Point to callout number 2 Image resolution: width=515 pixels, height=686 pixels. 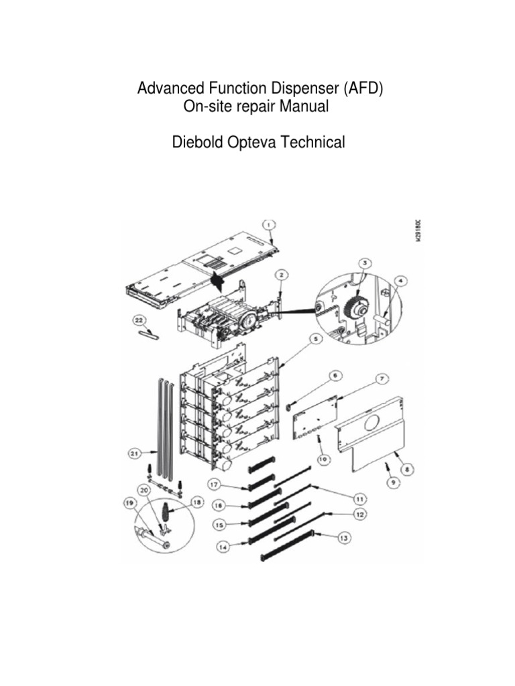tap(281, 275)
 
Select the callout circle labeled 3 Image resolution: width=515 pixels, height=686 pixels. tap(363, 263)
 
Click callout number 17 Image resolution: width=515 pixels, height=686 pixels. tap(213, 484)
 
